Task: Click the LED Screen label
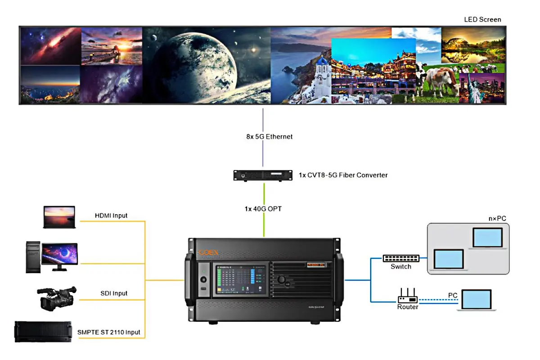[482, 19]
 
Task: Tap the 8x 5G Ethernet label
[270, 136]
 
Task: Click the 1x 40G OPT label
[263, 209]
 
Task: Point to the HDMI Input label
[111, 216]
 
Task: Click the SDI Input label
[114, 293]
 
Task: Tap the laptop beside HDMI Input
[59, 217]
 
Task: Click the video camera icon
[56, 298]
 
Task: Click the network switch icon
[401, 258]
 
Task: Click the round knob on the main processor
[282, 279]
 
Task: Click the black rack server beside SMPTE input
[43, 332]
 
